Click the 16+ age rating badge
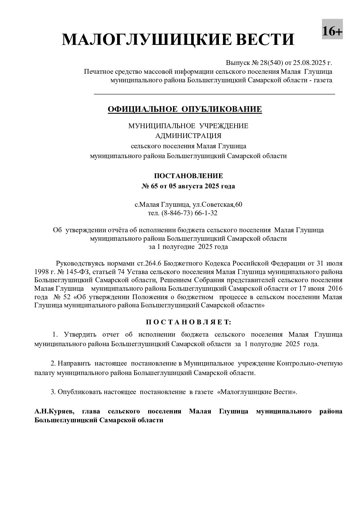pyautogui.click(x=332, y=31)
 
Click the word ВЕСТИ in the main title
pyautogui.click(x=260, y=40)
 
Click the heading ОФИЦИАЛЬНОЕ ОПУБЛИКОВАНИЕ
pyautogui.click(x=185, y=109)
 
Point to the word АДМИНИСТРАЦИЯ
pyautogui.click(x=188, y=136)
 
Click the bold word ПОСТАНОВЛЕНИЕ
pyautogui.click(x=189, y=176)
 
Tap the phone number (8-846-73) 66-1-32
pyautogui.click(x=192, y=213)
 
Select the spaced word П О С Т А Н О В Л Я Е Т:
pyautogui.click(x=188, y=321)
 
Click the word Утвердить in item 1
pyautogui.click(x=80, y=335)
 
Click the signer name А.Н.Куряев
pyautogui.click(x=54, y=411)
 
